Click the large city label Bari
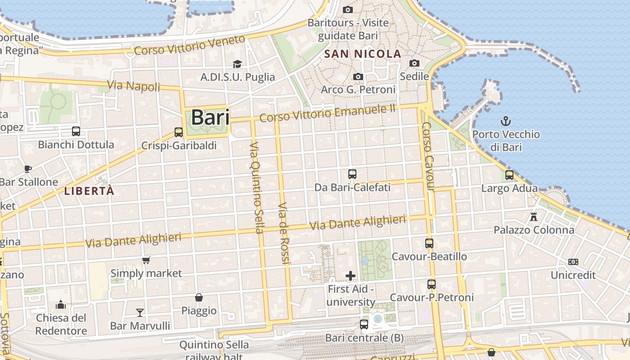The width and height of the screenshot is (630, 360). [210, 117]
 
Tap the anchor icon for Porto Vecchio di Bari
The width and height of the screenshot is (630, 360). [506, 121]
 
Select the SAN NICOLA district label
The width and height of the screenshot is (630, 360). [363, 54]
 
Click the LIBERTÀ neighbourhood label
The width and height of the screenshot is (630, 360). [89, 191]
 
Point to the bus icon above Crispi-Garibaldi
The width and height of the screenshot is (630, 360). [179, 132]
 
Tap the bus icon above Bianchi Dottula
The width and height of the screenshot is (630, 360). [76, 131]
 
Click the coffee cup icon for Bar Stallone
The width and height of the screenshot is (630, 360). [28, 169]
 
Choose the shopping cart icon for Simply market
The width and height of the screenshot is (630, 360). [146, 260]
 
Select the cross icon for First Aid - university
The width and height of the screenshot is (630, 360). [351, 275]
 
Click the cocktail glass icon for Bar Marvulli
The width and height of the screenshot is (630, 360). [140, 312]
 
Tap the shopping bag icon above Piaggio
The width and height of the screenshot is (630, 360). [198, 297]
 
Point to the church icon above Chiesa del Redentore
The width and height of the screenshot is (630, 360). [61, 305]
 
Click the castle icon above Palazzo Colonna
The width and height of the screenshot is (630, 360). [534, 217]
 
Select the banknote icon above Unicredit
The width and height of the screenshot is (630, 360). [573, 261]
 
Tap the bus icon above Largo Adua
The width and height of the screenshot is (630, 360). [509, 175]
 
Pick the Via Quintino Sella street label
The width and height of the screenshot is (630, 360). [256, 188]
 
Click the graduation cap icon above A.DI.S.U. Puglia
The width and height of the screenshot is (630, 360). [237, 64]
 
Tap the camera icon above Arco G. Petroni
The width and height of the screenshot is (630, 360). [358, 76]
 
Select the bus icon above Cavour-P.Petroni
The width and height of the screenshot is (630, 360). [431, 284]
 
